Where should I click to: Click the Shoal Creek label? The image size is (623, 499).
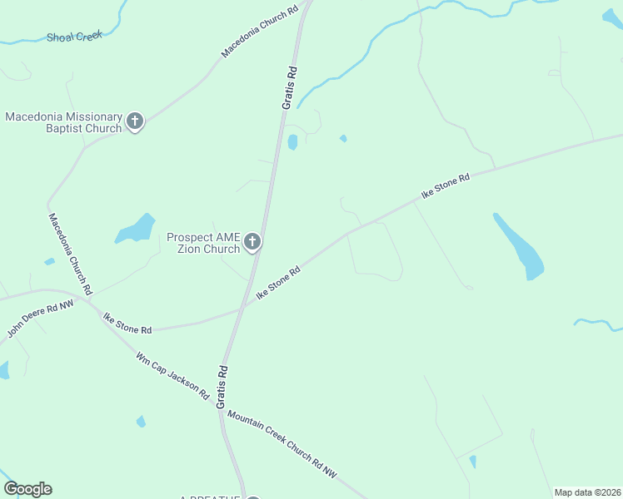click(x=74, y=37)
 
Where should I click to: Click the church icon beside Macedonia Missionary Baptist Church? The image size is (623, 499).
click(x=135, y=122)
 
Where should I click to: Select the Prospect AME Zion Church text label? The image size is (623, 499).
click(x=203, y=243)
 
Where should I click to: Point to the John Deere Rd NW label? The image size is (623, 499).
click(x=39, y=318)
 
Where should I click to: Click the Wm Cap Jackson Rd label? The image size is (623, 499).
click(x=172, y=376)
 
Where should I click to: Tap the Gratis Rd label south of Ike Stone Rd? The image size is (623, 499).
click(x=222, y=386)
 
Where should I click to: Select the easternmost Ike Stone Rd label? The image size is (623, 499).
click(x=446, y=185)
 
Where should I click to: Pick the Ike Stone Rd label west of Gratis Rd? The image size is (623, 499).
click(x=127, y=323)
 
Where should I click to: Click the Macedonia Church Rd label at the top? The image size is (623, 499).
click(x=259, y=32)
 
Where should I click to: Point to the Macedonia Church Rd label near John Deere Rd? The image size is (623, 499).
click(x=70, y=254)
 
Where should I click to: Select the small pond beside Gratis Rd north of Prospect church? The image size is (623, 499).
click(x=292, y=142)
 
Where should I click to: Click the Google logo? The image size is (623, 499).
click(x=27, y=489)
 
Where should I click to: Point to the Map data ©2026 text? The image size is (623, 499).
click(x=587, y=492)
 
